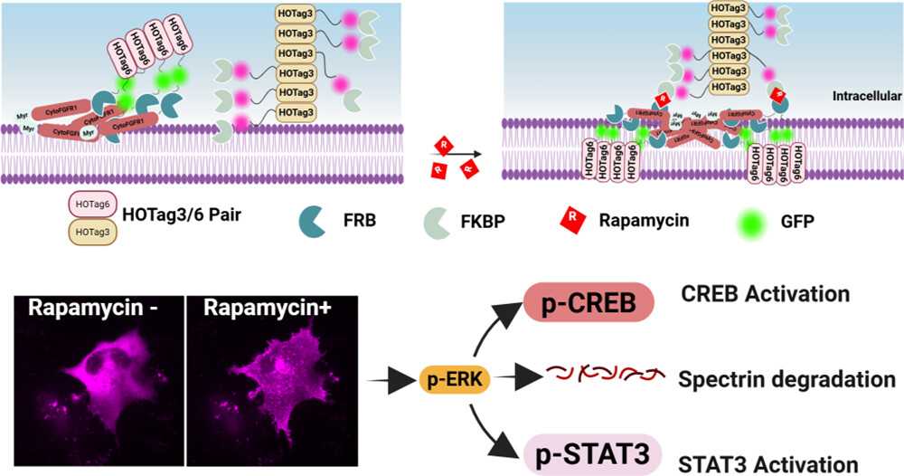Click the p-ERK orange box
pos(454,379)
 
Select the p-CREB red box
pos(588,303)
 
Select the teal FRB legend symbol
pos(313,217)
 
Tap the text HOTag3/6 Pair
pos(176,218)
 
